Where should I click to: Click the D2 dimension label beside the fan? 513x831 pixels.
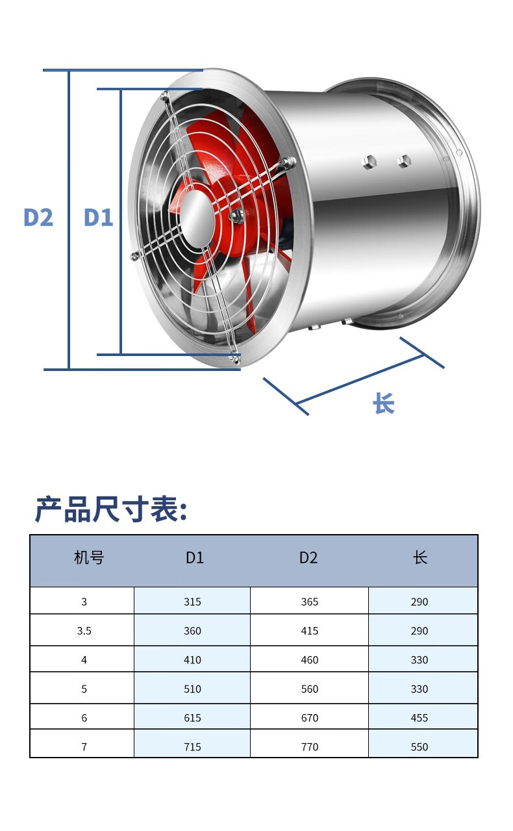(x=38, y=217)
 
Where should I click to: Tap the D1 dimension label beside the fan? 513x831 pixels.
(x=98, y=217)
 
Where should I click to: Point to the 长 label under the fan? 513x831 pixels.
(x=384, y=403)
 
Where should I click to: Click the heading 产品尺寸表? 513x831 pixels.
(x=110, y=509)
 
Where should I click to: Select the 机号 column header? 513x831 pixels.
(x=89, y=557)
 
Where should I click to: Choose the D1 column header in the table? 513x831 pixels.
(x=195, y=557)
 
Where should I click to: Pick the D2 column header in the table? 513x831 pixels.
(x=308, y=557)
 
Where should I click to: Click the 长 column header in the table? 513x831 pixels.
(x=420, y=557)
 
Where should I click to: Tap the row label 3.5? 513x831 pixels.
(x=84, y=631)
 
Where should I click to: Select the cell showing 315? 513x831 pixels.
(x=192, y=602)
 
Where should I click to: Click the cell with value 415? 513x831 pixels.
(x=310, y=631)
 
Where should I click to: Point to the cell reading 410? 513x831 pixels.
(x=192, y=660)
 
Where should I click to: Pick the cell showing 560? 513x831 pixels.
(x=310, y=689)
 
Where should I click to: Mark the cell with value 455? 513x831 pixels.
(x=419, y=718)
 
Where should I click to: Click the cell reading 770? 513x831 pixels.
(x=310, y=747)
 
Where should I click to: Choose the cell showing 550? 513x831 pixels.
(x=419, y=747)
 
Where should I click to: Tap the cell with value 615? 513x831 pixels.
(x=192, y=718)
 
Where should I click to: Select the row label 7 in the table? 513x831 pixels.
(x=84, y=747)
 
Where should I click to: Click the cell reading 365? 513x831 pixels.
(x=310, y=602)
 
